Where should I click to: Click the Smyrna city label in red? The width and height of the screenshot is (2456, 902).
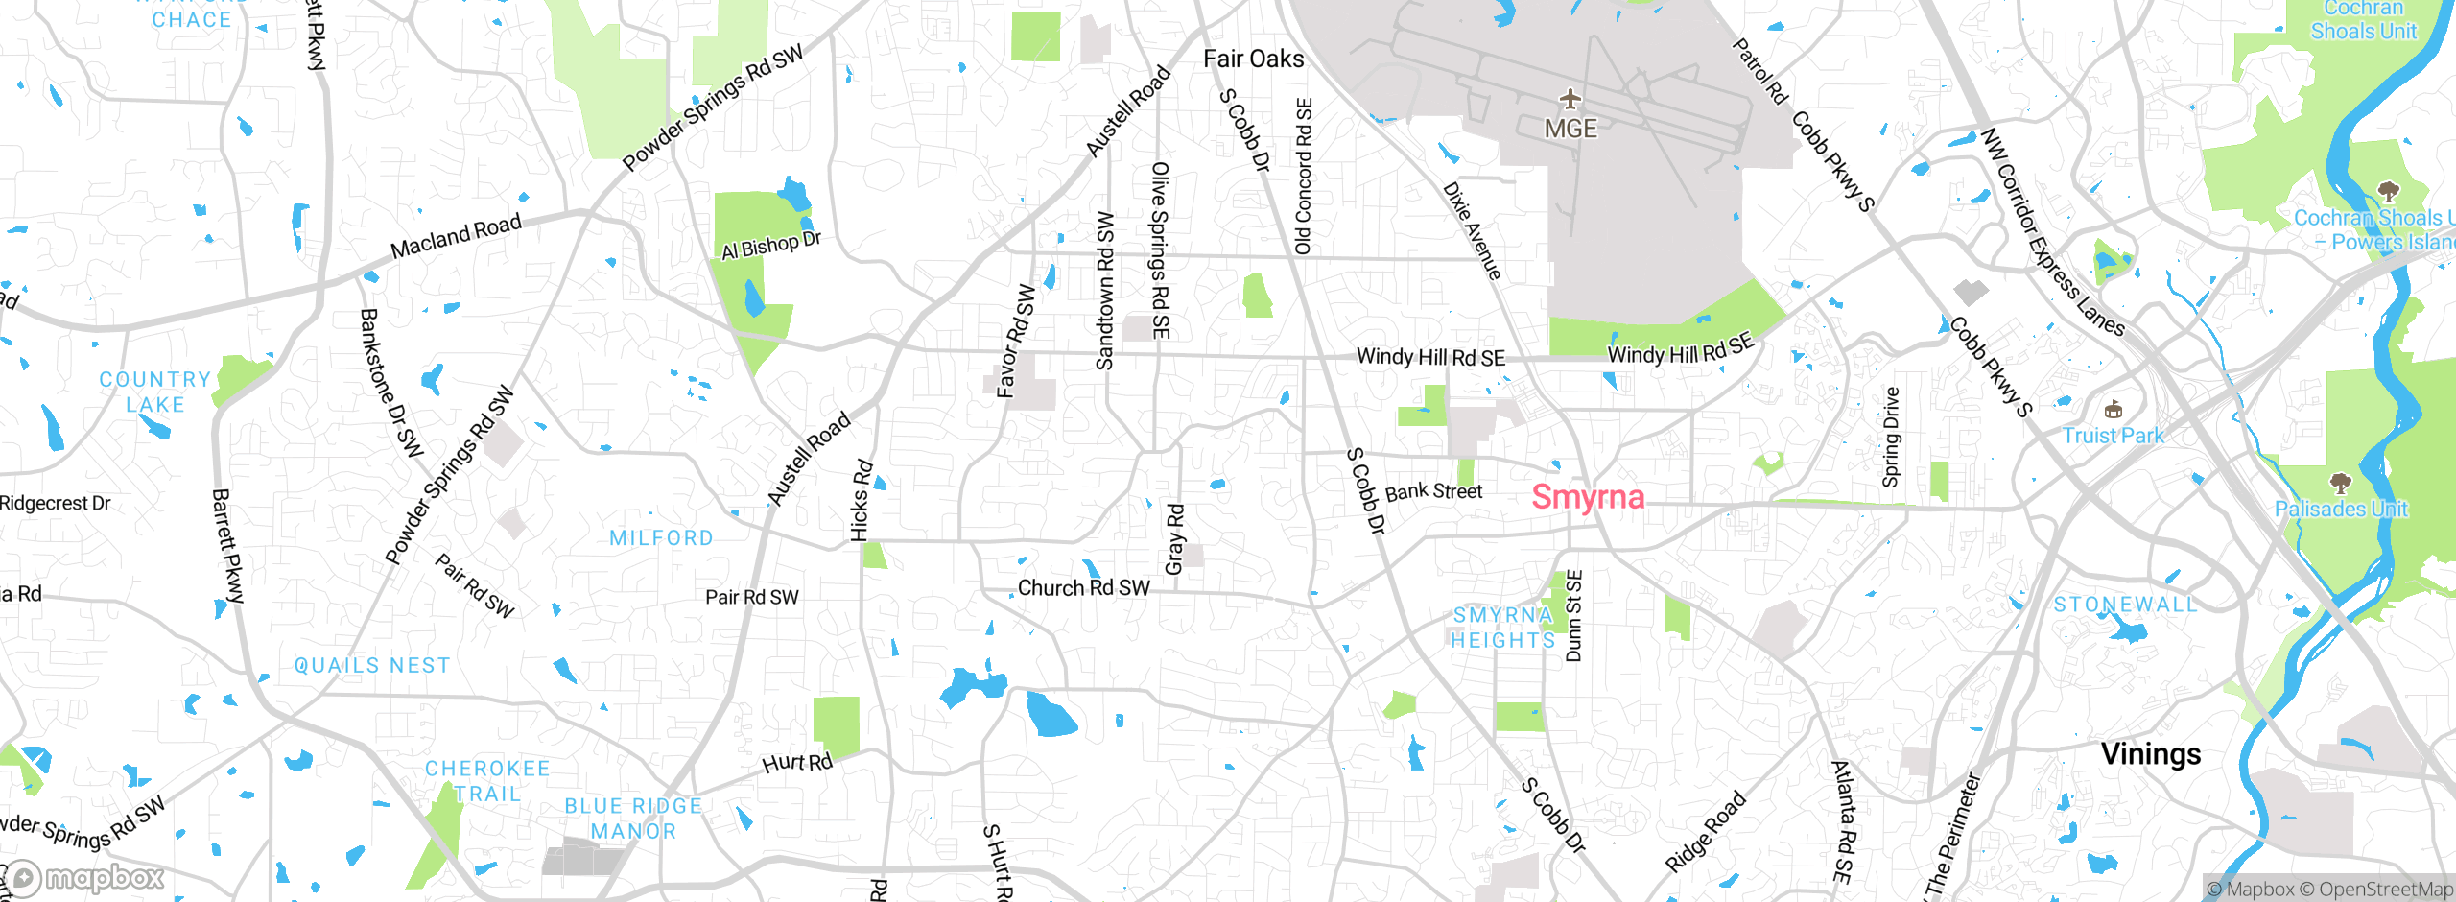click(1588, 497)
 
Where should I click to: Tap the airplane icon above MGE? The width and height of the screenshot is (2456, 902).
click(1570, 99)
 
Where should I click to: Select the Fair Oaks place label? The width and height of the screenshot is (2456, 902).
click(1253, 59)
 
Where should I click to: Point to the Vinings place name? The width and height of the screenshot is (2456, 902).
click(2151, 754)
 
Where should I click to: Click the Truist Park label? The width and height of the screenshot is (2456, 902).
click(2114, 436)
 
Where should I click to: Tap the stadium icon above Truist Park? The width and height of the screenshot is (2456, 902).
click(2113, 411)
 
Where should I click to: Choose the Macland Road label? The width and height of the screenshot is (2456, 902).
click(456, 236)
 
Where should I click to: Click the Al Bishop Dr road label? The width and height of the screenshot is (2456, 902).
click(771, 246)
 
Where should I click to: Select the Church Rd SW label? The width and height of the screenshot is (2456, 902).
click(1083, 588)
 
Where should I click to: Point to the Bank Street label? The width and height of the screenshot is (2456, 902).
click(1433, 492)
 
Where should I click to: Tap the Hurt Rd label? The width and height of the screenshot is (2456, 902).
click(797, 763)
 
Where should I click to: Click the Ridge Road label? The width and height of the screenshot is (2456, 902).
click(1705, 832)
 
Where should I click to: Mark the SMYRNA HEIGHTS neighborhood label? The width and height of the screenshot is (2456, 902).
click(1502, 628)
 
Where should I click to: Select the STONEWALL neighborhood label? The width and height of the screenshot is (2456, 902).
click(2125, 605)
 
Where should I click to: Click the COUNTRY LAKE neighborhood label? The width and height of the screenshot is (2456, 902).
click(155, 392)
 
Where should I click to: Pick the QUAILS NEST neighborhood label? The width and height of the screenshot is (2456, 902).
click(372, 666)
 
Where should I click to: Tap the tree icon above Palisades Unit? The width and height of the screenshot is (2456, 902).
click(2341, 482)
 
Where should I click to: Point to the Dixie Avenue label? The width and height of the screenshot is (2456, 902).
click(1472, 231)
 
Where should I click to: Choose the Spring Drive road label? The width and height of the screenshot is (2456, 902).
click(1891, 438)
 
